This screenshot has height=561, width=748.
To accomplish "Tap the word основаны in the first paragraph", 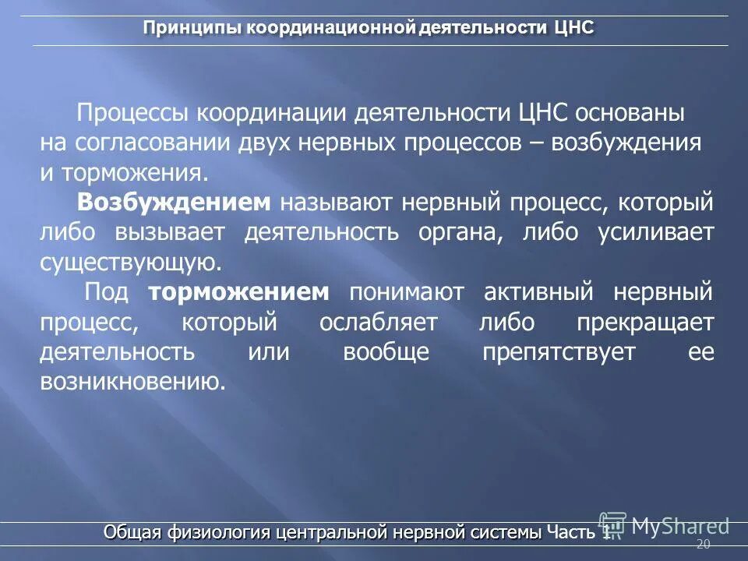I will [630, 113].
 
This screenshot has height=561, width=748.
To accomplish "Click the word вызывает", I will [170, 232].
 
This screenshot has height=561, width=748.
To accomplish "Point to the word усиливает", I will [656, 232].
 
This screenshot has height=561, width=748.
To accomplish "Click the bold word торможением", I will [239, 292].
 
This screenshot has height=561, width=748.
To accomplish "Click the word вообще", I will [386, 352].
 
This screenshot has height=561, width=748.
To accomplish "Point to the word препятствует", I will [559, 352].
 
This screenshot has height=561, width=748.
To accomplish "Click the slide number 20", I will [703, 545].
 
